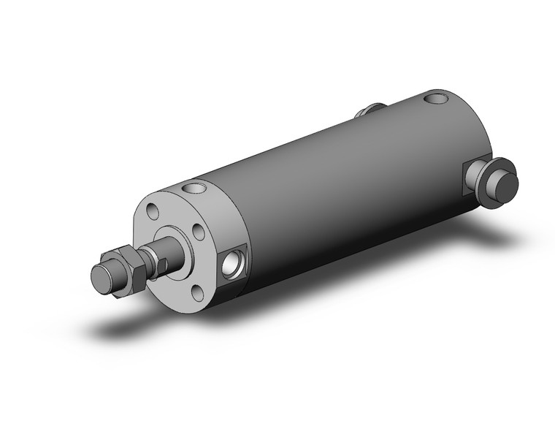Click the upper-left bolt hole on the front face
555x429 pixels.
(x=152, y=212)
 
